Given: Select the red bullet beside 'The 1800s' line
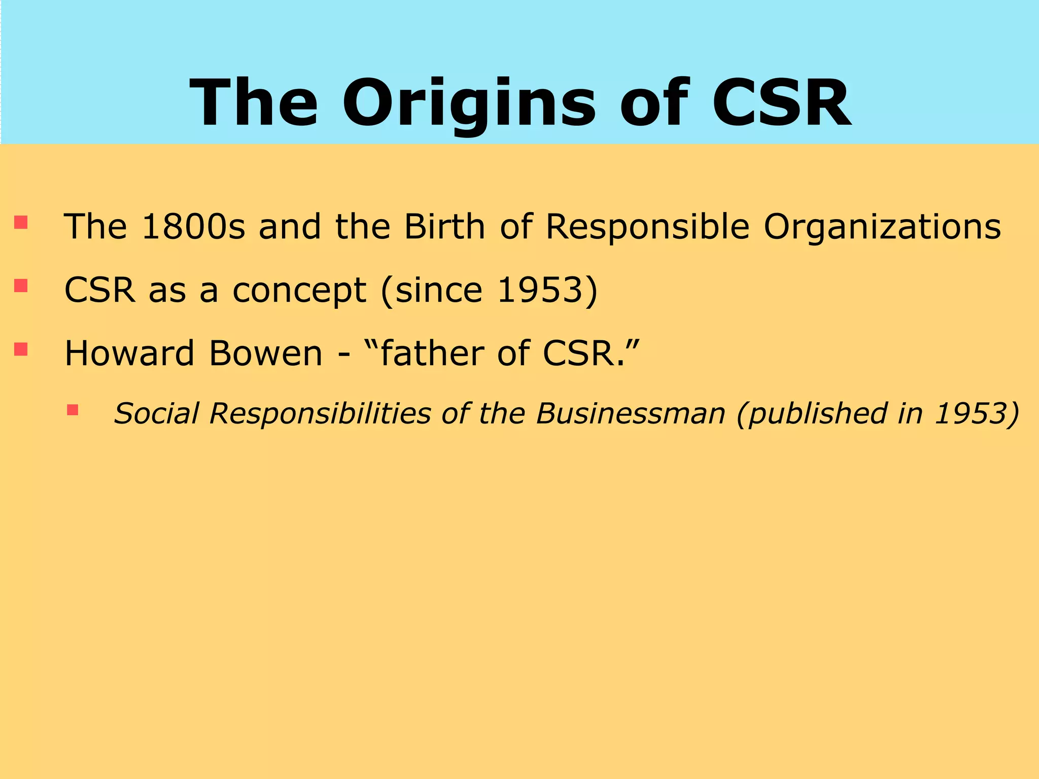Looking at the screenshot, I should click(x=21, y=223).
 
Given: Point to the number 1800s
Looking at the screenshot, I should click(x=193, y=226).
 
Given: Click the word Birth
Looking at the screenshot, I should click(x=444, y=226).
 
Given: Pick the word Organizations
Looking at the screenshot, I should click(x=882, y=226).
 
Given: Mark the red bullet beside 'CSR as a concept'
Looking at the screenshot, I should click(x=21, y=286).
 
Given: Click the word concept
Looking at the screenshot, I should click(x=299, y=291).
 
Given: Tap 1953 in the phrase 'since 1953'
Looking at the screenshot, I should click(x=540, y=290).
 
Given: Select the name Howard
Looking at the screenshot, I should click(x=129, y=353).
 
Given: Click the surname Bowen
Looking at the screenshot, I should click(x=265, y=353).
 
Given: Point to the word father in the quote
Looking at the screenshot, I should click(x=432, y=353).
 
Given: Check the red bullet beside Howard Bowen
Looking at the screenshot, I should click(x=21, y=349).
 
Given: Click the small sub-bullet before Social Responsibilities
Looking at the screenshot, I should click(x=73, y=410).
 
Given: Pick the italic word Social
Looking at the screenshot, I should click(x=156, y=413).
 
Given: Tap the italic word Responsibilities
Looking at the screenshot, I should click(x=320, y=413).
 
